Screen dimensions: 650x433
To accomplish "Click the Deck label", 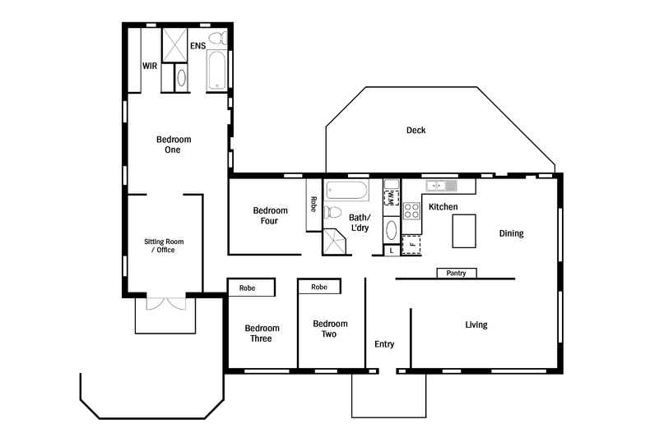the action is (416, 130).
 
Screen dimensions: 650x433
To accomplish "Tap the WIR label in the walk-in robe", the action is (150, 66).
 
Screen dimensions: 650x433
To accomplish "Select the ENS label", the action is (197, 45).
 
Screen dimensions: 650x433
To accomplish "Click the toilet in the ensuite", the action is (218, 39).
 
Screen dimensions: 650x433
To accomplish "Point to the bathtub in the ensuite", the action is (216, 70).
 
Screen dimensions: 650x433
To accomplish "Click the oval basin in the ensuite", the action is (181, 77).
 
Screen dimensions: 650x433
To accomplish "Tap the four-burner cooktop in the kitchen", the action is (411, 210).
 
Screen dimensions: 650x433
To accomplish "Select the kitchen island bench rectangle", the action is (464, 231).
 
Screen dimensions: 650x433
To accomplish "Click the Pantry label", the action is (456, 273).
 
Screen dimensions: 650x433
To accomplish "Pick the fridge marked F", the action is (411, 244).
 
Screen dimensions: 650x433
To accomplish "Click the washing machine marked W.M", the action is (392, 197).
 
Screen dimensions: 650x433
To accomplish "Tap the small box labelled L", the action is (392, 251).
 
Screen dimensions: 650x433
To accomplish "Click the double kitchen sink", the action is (441, 186).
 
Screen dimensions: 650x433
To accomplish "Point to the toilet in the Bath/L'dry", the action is (332, 212).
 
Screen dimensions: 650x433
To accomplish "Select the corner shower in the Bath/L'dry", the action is (335, 242).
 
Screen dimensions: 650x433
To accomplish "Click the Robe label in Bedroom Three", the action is (247, 288).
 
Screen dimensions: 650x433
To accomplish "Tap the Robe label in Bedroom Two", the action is (319, 287).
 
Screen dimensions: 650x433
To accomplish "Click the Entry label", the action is (384, 344).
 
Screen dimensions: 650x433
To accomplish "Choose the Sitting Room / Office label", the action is (164, 246).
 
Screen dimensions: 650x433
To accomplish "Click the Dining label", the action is (511, 233).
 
